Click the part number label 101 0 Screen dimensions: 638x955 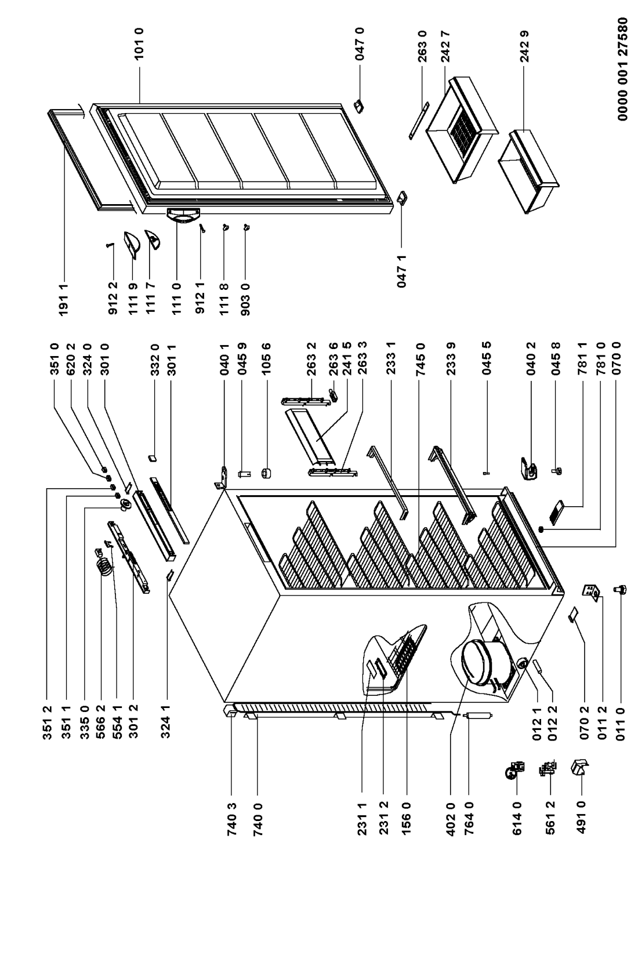pos(139,44)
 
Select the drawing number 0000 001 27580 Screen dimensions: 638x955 pos(623,69)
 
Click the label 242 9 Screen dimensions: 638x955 pos(525,46)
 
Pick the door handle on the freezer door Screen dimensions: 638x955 pos(183,215)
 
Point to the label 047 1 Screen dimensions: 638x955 pos(401,271)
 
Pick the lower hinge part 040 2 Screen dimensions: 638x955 pos(529,469)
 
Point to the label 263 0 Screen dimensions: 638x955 pos(422,46)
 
